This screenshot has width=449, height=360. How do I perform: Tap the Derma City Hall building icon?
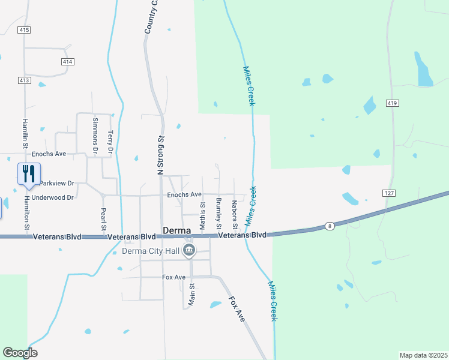coord(189,250)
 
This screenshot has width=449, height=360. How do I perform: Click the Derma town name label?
coord(177,231)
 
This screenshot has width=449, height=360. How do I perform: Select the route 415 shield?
coord(24,29)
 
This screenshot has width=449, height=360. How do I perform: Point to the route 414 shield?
coord(67,62)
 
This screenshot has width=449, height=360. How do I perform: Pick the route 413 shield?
coord(24,80)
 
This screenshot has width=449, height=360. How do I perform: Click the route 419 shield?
coord(393,104)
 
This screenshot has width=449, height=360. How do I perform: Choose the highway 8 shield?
coord(330,225)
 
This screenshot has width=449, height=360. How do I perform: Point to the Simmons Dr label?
coord(95,133)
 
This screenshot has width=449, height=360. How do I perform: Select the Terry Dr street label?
coord(110,143)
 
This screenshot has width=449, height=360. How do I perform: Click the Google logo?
coord(20,353)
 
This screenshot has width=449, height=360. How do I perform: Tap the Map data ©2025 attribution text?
coord(423,355)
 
